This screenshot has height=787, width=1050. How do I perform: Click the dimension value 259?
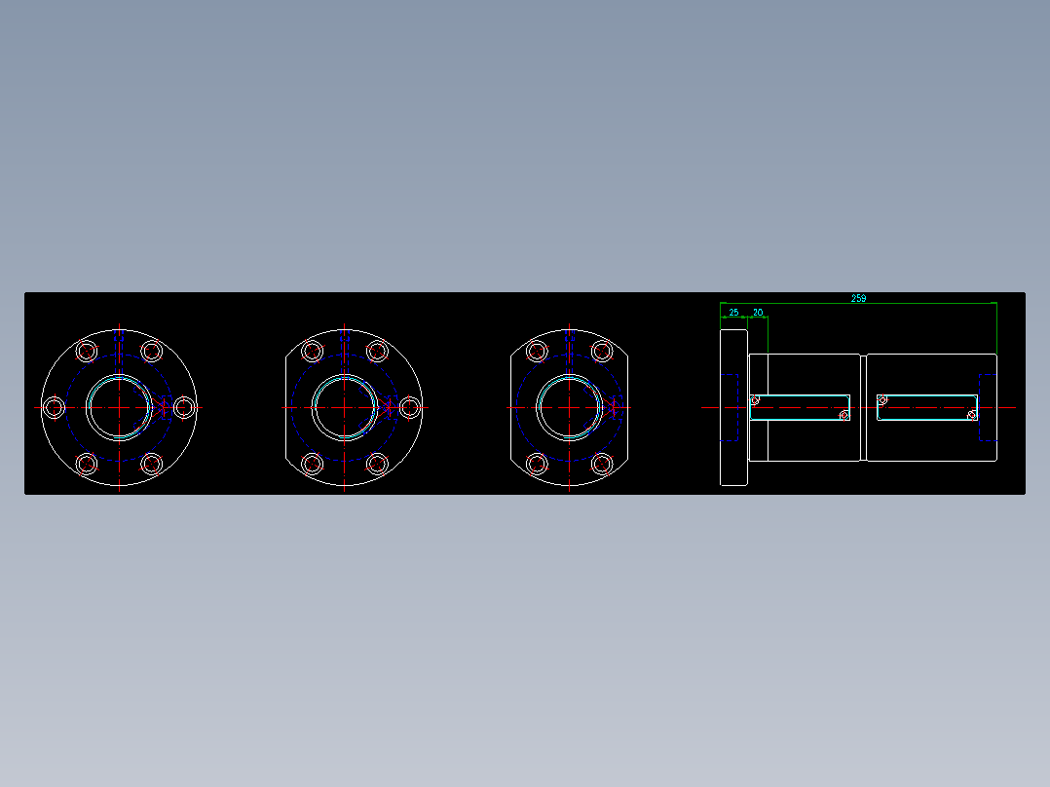[858, 298]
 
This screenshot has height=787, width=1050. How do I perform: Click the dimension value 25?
[733, 312]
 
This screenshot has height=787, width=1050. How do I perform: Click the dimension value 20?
[758, 312]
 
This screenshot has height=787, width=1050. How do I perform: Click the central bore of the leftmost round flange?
[119, 406]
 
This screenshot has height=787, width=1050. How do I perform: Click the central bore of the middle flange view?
[345, 406]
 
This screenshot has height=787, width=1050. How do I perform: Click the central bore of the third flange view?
[568, 406]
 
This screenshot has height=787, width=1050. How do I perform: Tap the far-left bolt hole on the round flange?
[55, 406]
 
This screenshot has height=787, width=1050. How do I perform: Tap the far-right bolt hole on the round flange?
[183, 407]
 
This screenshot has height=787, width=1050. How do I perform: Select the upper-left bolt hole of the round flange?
[87, 351]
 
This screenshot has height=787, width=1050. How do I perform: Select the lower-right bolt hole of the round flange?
[151, 463]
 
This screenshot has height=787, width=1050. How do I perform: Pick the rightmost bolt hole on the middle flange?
[409, 407]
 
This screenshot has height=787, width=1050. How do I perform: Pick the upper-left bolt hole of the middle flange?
[313, 351]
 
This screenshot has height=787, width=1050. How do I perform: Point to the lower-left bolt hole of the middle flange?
[313, 463]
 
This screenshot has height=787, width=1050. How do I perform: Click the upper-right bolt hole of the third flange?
[600, 351]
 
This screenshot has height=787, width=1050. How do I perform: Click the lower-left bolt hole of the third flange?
[536, 463]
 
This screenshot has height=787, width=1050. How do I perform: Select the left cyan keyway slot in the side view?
[801, 407]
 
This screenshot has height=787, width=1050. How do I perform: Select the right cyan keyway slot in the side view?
[927, 407]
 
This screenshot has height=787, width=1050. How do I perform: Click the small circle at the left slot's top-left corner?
[755, 399]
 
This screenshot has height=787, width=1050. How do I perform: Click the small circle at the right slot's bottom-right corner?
[971, 415]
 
